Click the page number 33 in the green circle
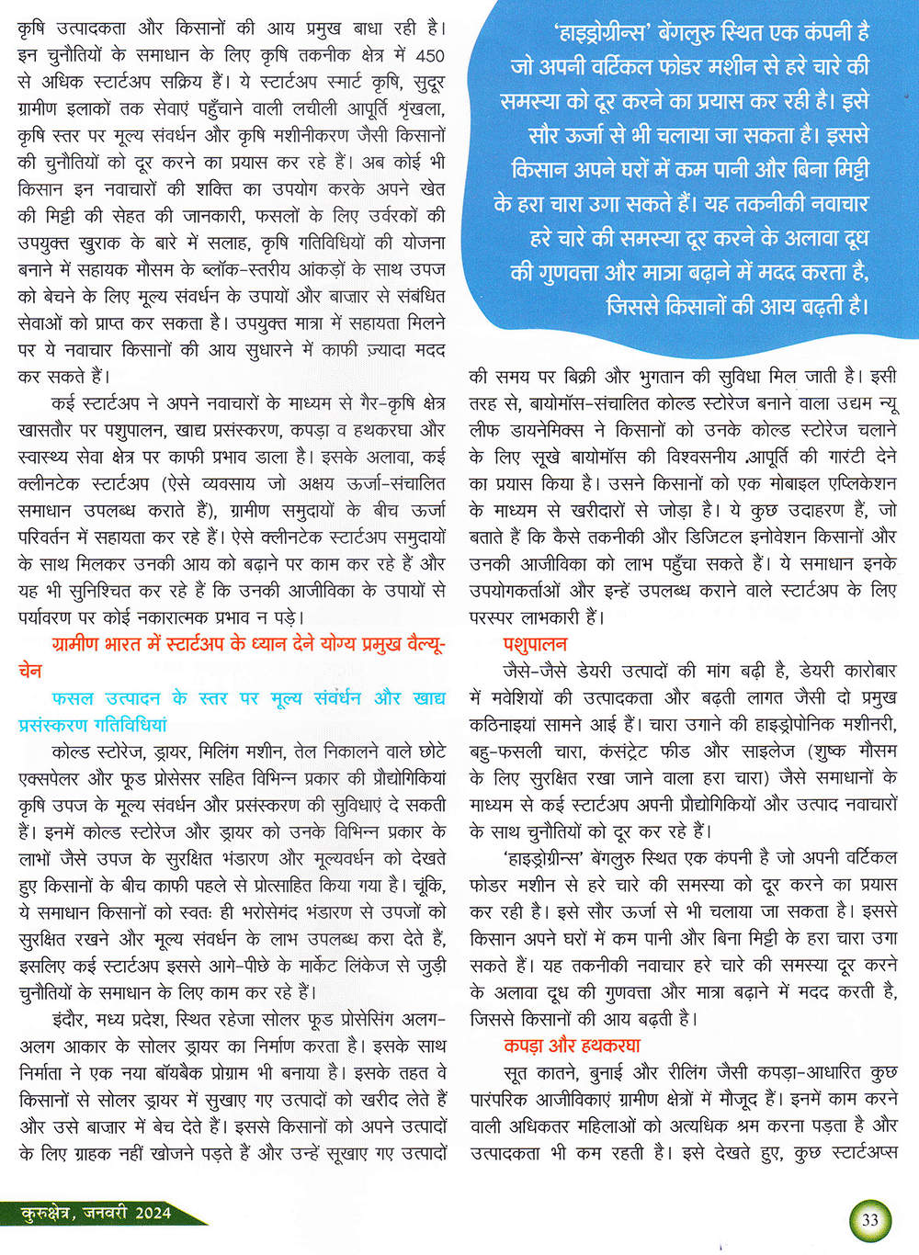click(869, 1220)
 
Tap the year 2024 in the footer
click(153, 1213)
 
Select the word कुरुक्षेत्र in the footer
click(45, 1213)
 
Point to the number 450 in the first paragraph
click(429, 55)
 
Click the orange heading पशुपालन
click(535, 644)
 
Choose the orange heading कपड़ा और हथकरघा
click(572, 1046)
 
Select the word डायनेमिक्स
click(542, 430)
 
